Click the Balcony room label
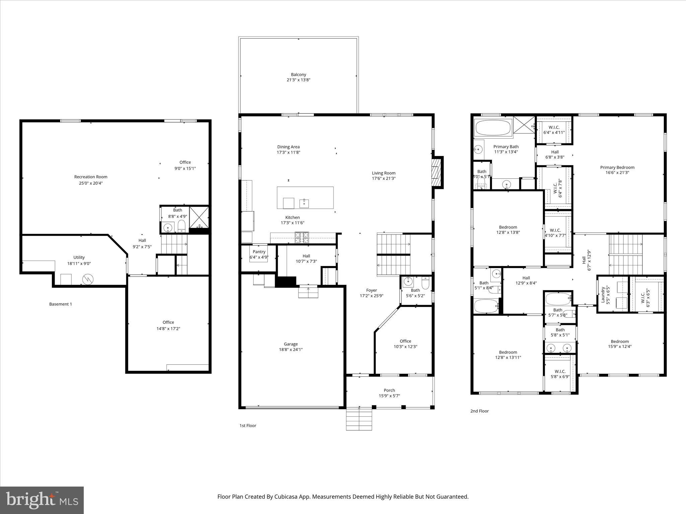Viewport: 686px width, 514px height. click(298, 75)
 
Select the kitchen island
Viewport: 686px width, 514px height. click(305, 197)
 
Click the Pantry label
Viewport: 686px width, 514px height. click(259, 252)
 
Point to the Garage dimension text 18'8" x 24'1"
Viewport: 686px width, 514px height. click(291, 349)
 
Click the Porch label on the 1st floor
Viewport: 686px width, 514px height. click(389, 390)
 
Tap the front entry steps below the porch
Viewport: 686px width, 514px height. click(359, 419)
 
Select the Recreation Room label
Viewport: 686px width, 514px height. click(91, 177)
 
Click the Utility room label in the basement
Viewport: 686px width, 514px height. click(79, 257)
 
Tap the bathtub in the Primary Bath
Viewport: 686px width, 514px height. click(493, 128)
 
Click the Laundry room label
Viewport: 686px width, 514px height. click(603, 294)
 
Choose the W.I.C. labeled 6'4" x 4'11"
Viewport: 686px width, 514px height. click(554, 130)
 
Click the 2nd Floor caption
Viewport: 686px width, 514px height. click(479, 411)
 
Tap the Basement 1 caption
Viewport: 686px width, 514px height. click(61, 304)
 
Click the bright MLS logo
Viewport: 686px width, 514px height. click(42, 500)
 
